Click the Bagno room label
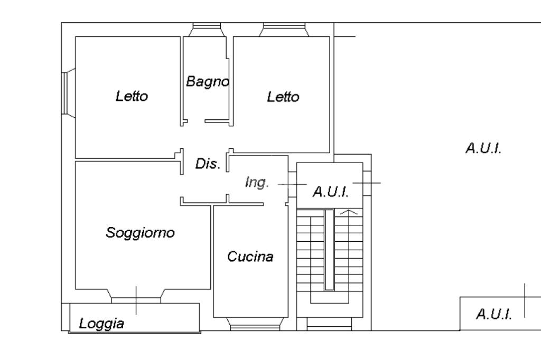pyautogui.click(x=207, y=82)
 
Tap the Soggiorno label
pyautogui.click(x=140, y=233)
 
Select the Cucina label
pyautogui.click(x=250, y=257)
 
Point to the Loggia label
pyautogui.click(x=101, y=324)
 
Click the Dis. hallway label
pyautogui.click(x=208, y=164)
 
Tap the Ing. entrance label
pyautogui.click(x=257, y=182)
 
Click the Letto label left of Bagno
pyautogui.click(x=132, y=96)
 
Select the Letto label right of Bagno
pyautogui.click(x=283, y=97)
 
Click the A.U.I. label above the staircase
pyautogui.click(x=331, y=192)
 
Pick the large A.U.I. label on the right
pyautogui.click(x=483, y=148)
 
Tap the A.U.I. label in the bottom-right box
pyautogui.click(x=494, y=314)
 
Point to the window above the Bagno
pyautogui.click(x=207, y=30)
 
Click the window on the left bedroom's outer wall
pyautogui.click(x=68, y=93)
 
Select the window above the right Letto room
pyautogui.click(x=284, y=30)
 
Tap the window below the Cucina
pyautogui.click(x=255, y=324)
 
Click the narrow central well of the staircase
pyautogui.click(x=329, y=250)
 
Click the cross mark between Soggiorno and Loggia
pyautogui.click(x=136, y=300)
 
